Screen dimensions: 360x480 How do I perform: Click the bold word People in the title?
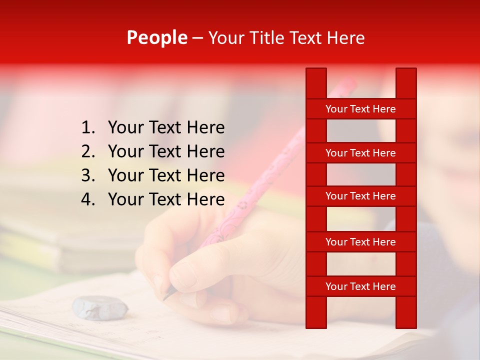click(156, 37)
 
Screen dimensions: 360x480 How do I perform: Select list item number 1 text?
click(166, 127)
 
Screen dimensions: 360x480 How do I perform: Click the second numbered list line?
click(166, 151)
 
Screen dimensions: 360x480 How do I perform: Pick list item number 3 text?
click(166, 175)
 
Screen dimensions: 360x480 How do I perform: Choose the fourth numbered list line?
click(166, 199)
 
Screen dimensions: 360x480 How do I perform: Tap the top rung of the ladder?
click(360, 109)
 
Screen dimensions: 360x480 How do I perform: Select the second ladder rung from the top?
click(360, 153)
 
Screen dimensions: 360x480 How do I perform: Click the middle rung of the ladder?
click(360, 196)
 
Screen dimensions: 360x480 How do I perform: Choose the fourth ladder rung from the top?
click(360, 242)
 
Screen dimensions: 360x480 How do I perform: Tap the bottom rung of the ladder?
click(360, 286)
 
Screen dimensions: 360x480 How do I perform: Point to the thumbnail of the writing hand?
click(183, 275)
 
